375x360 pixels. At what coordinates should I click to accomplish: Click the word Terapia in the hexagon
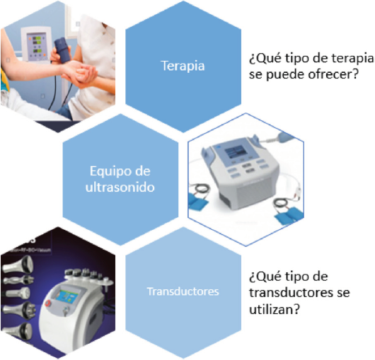tap(183, 66)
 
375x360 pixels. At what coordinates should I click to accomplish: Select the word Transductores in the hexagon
tap(183, 291)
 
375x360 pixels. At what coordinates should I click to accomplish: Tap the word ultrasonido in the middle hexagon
tap(120, 187)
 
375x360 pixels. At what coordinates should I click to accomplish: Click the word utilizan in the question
tap(274, 310)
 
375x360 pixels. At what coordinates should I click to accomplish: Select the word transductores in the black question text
tap(291, 293)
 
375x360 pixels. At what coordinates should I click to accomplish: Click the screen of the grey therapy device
tap(236, 152)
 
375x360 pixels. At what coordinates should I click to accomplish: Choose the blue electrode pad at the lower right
tap(288, 216)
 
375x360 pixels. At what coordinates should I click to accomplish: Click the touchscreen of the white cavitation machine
tap(69, 296)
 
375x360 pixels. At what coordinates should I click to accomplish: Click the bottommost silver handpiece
tap(17, 331)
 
